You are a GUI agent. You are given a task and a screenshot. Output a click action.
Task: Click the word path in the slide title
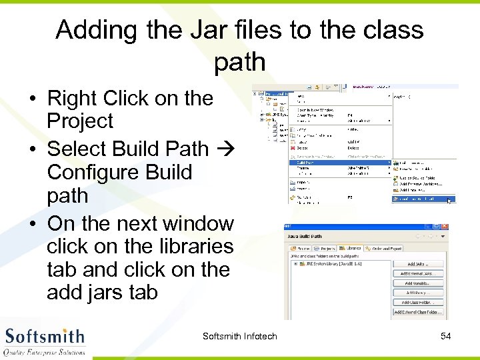point(239,62)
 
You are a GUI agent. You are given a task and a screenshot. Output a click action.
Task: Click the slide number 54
point(446,336)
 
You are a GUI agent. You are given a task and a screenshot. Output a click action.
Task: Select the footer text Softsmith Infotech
point(239,336)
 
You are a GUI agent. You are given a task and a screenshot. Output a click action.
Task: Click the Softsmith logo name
point(45,335)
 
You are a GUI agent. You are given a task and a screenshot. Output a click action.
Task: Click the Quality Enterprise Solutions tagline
point(45,351)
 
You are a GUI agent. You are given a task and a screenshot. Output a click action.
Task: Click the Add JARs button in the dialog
point(419,265)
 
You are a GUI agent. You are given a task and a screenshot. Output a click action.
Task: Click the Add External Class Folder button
point(418,312)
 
